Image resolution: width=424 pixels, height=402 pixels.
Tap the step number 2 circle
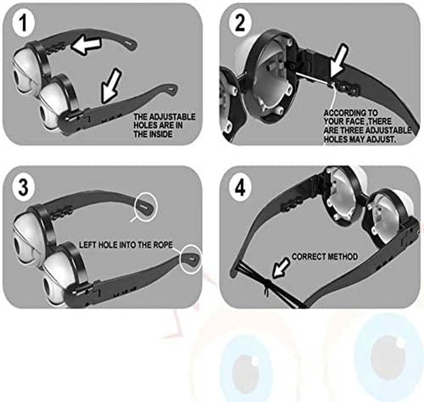(240, 23)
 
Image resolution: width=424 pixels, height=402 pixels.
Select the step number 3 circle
(24, 187)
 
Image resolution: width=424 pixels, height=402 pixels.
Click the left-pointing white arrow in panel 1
(87, 45)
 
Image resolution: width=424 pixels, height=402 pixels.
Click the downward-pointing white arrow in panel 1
(111, 86)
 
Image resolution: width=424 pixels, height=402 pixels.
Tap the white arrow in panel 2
(339, 63)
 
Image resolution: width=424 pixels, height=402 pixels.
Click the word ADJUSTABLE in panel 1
(172, 117)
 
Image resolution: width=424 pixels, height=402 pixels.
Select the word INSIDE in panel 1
(161, 134)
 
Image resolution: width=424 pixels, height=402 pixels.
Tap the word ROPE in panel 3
(162, 245)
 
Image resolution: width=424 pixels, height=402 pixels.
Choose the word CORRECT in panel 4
(308, 256)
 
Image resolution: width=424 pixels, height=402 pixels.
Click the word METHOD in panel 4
(342, 256)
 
